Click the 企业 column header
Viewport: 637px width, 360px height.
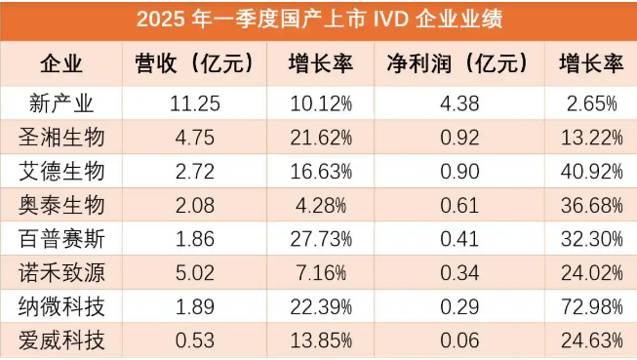60,65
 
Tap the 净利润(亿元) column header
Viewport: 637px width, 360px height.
457,65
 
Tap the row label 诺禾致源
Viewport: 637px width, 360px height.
60,273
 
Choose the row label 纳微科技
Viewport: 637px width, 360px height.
60,307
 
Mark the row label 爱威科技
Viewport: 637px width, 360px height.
60,341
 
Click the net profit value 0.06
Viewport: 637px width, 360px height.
456,341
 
